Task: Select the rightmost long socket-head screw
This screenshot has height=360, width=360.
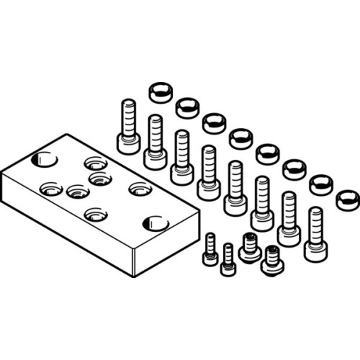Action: click(x=315, y=235)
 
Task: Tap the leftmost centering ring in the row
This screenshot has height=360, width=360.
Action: click(x=159, y=91)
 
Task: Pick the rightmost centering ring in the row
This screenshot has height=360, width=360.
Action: click(x=347, y=199)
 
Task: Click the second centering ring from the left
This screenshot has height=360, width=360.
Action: click(x=186, y=108)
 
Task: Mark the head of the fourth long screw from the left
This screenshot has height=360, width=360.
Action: click(x=209, y=189)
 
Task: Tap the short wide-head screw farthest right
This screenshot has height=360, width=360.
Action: click(x=271, y=260)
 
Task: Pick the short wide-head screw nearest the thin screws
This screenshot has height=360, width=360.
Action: click(x=250, y=248)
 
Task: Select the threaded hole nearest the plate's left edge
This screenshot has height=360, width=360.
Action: click(x=50, y=189)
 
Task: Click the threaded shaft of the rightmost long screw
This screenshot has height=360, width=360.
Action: click(x=315, y=223)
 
